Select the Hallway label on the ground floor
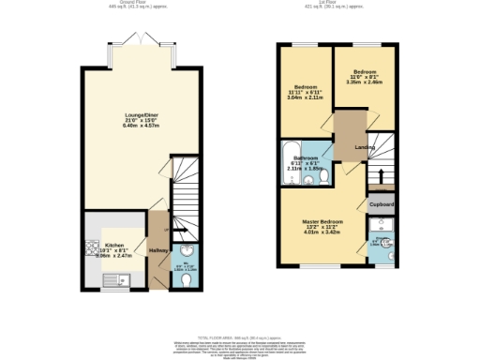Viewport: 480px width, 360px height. coord(157,251)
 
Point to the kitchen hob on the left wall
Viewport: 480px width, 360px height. coord(93,249)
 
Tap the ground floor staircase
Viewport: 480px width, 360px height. coord(186,192)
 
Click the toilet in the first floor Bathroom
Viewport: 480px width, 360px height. coord(322,176)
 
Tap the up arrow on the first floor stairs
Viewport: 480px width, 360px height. coord(380,175)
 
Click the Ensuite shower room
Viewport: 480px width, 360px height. coord(381,239)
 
